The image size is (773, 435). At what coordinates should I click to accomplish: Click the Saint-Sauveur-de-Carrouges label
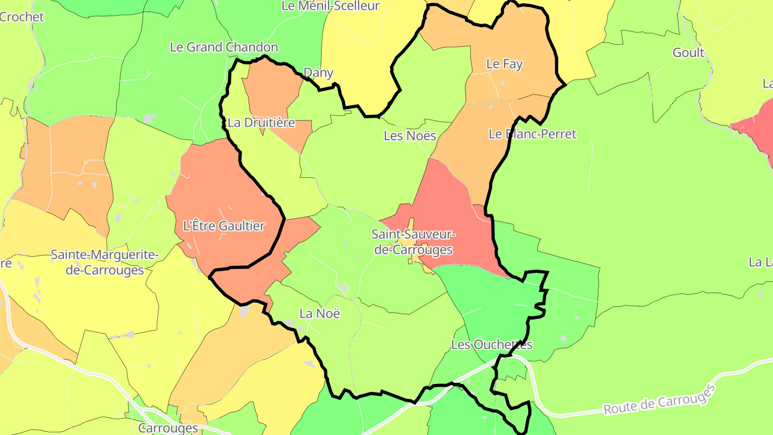(x=413, y=242)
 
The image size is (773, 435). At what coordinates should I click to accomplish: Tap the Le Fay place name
(x=504, y=64)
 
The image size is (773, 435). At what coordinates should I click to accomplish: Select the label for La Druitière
(x=261, y=123)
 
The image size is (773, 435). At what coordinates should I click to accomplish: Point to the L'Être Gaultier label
(x=224, y=226)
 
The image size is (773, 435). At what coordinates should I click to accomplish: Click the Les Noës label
(x=410, y=136)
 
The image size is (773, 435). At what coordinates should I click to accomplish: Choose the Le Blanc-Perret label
(x=532, y=134)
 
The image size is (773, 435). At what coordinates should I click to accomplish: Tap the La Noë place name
(x=319, y=314)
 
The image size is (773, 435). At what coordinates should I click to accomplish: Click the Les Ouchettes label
(x=492, y=345)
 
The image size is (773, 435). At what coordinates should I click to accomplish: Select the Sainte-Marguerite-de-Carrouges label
(x=105, y=262)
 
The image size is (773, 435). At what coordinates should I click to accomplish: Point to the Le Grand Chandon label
(x=224, y=47)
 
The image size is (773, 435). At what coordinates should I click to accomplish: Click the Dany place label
(x=318, y=73)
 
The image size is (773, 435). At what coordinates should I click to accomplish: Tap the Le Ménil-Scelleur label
(x=330, y=6)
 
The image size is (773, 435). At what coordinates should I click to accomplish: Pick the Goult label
(x=688, y=53)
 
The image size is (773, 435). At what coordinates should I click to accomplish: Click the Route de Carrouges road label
(x=660, y=400)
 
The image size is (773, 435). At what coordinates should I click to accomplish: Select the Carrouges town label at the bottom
(x=168, y=428)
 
